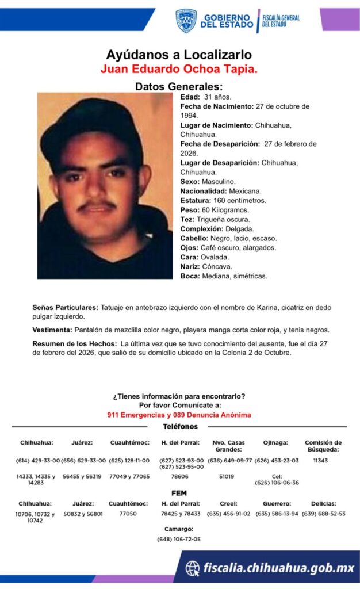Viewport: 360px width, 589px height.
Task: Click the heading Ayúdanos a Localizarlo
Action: (x=179, y=55)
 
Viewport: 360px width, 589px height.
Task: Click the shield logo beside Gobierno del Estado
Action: (x=186, y=21)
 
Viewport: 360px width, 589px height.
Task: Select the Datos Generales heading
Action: (x=179, y=86)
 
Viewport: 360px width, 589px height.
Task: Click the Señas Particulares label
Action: (x=66, y=308)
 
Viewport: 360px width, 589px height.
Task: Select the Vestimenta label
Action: (x=52, y=330)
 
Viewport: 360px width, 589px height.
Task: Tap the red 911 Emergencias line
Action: (x=179, y=415)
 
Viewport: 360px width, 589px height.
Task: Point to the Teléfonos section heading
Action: (x=180, y=427)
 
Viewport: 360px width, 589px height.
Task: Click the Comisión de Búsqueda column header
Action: (x=323, y=446)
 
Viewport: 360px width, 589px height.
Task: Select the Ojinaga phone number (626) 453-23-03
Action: (x=277, y=461)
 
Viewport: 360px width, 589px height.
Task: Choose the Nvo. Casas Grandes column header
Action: (x=229, y=446)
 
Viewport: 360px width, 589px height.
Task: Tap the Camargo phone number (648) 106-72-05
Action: (x=178, y=539)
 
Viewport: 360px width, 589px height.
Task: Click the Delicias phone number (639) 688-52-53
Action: (x=323, y=514)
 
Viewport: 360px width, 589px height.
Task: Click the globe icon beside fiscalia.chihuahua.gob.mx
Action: (x=193, y=568)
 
